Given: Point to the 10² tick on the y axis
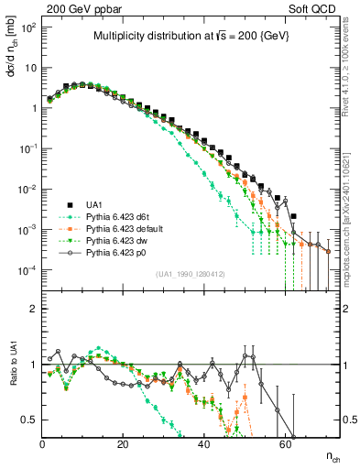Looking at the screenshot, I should tap(28, 27).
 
